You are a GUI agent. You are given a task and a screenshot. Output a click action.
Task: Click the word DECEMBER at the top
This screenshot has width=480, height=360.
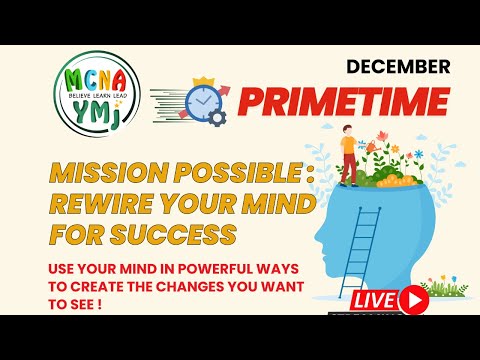(398, 68)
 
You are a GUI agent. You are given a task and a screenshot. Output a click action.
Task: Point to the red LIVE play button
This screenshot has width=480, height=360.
(412, 299)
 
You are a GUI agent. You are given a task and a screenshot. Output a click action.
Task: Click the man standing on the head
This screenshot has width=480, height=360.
(349, 153)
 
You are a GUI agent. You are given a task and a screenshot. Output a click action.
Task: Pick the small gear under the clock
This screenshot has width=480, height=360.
(218, 117)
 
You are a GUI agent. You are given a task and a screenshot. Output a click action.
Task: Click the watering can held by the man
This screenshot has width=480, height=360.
(362, 143)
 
